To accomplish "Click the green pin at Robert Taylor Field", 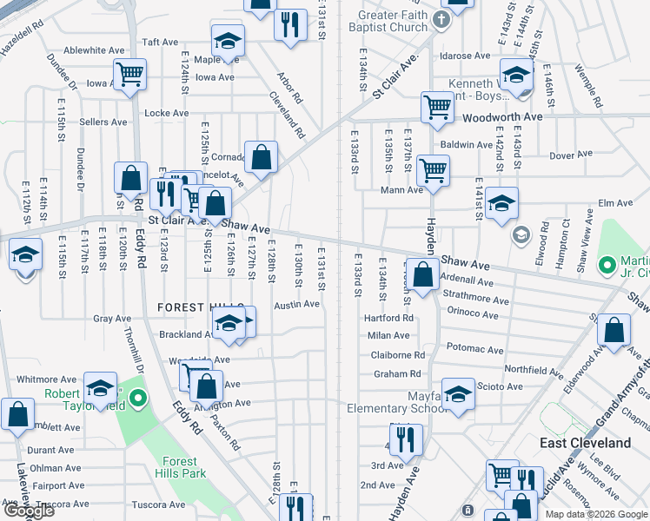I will (138, 400).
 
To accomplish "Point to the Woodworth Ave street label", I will (502, 116).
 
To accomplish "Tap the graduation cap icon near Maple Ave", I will (228, 42).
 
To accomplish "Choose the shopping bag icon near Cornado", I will (261, 158).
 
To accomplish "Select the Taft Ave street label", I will (160, 42).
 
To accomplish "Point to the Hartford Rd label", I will (389, 319).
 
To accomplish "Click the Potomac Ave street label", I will (474, 350).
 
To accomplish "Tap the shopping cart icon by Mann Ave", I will (432, 171).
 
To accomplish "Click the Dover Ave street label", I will (571, 155).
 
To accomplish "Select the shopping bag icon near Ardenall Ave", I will (422, 275).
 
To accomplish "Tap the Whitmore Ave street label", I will (47, 379).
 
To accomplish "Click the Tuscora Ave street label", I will (159, 505).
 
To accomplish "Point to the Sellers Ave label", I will (104, 122).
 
